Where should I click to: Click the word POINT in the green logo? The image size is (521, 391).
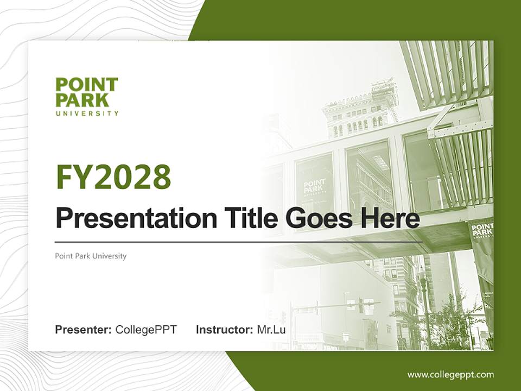click(86, 85)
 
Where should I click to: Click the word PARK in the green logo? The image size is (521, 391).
click(82, 100)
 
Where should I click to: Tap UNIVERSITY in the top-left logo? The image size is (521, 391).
click(87, 113)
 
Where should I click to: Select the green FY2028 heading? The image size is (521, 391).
click(113, 177)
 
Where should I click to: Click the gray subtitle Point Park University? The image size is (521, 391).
click(91, 256)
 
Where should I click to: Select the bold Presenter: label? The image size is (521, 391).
click(84, 330)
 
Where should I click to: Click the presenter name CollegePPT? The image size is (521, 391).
click(146, 330)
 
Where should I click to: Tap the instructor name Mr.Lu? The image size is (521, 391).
click(271, 330)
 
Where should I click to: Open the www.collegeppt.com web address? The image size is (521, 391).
click(450, 374)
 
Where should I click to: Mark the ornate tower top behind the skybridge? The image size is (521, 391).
click(361, 111)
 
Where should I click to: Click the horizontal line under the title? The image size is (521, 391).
click(239, 242)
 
